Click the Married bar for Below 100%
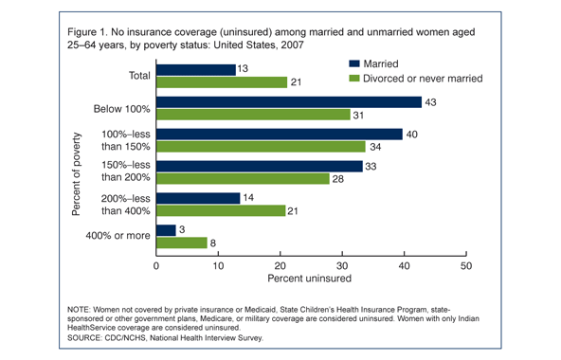[x=289, y=101]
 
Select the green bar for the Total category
[x=221, y=82]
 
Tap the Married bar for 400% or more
[x=166, y=230]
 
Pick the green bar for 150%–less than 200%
[x=243, y=179]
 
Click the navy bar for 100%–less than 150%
[x=280, y=134]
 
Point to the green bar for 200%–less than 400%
[x=221, y=211]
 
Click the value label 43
[x=431, y=101]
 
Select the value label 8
[x=214, y=243]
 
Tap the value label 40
[x=412, y=134]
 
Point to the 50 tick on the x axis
[x=466, y=267]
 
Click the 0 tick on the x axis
[x=156, y=267]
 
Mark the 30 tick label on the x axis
[x=342, y=267]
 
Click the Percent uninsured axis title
[x=311, y=281]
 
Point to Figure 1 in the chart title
[x=87, y=33]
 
